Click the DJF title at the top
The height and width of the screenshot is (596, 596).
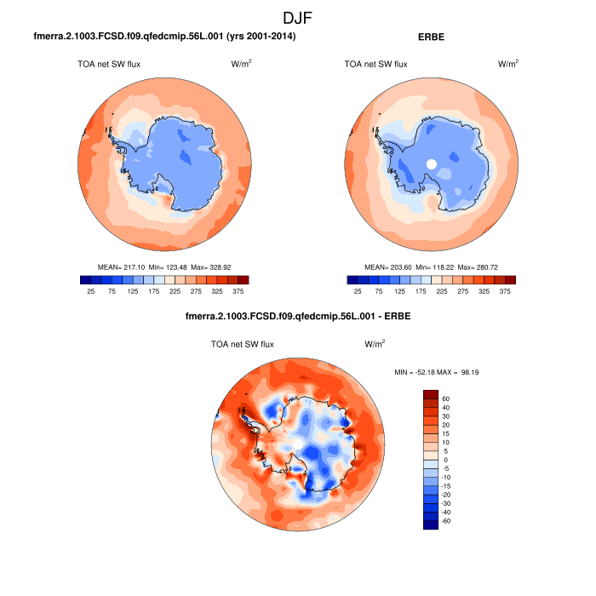pos(297,16)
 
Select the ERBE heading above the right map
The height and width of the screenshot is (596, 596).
pos(432,37)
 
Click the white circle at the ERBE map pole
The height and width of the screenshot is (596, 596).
pos(432,163)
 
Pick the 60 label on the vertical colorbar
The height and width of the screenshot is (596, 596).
pos(445,398)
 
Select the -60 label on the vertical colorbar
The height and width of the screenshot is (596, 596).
pos(445,520)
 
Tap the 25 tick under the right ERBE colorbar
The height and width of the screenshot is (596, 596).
pos(358,291)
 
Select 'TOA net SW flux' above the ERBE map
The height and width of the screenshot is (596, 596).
pos(375,64)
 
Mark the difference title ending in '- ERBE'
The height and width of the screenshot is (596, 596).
pos(297,318)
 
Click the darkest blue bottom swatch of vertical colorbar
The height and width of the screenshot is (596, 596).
pos(431,524)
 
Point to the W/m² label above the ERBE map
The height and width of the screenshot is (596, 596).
pos(508,64)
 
